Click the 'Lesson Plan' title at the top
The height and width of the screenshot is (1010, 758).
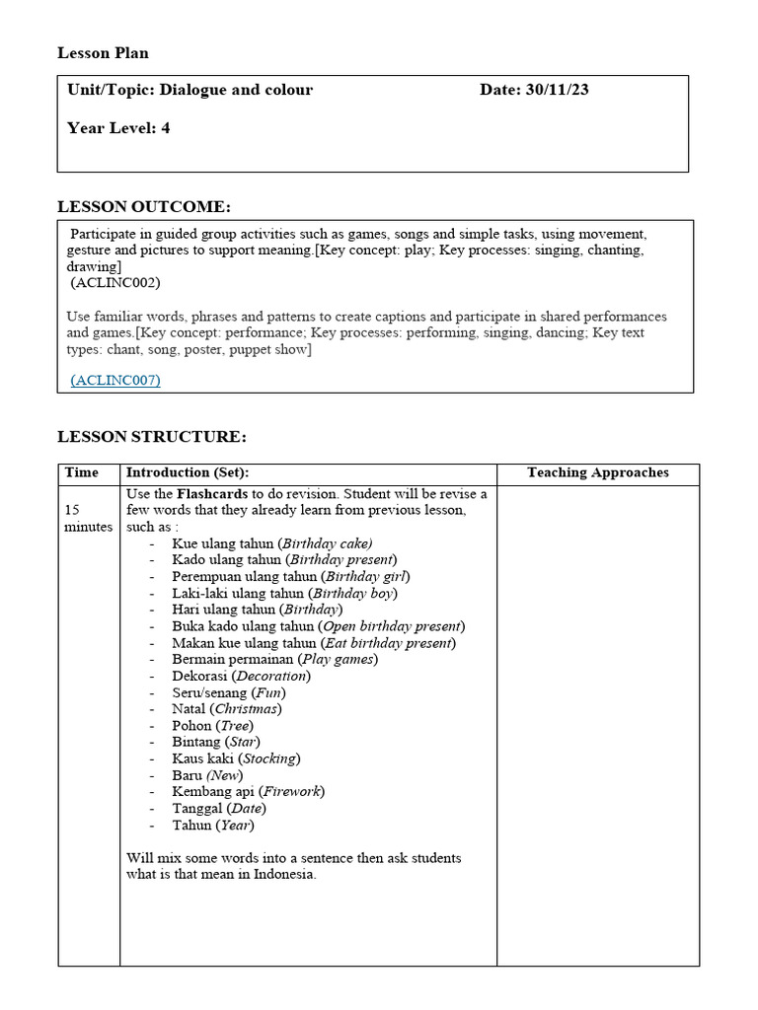pyautogui.click(x=103, y=53)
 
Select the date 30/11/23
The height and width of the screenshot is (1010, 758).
pyautogui.click(x=558, y=90)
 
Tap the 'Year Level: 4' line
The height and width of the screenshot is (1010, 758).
pyautogui.click(x=118, y=128)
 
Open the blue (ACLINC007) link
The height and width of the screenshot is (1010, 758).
pyautogui.click(x=115, y=380)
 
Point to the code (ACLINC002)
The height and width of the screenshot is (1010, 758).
pyautogui.click(x=115, y=283)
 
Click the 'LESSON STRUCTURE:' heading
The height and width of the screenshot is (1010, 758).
pyautogui.click(x=152, y=437)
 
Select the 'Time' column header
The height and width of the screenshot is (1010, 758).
pyautogui.click(x=82, y=473)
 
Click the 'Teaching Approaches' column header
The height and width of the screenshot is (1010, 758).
pyautogui.click(x=597, y=473)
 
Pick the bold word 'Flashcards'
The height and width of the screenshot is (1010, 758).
pyautogui.click(x=213, y=493)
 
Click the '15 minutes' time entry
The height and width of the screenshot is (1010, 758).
pyautogui.click(x=88, y=519)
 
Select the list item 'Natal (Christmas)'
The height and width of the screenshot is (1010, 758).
pyautogui.click(x=226, y=708)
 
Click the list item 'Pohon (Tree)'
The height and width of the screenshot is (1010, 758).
pyautogui.click(x=211, y=725)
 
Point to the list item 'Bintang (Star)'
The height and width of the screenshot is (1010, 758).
pyautogui.click(x=216, y=742)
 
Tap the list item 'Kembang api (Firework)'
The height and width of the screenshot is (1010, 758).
pyautogui.click(x=248, y=791)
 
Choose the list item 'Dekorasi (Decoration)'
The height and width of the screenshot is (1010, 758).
pyautogui.click(x=241, y=676)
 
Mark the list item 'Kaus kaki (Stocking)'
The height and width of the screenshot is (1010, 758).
pyautogui.click(x=236, y=758)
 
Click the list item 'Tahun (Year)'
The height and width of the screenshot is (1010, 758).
pyautogui.click(x=212, y=825)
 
